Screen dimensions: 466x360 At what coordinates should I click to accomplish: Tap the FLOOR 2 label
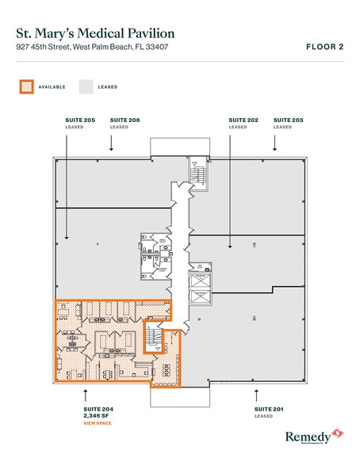324,47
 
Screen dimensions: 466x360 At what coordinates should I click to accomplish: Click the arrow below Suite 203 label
274,142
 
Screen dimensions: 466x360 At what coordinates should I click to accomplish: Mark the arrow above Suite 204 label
86,392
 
